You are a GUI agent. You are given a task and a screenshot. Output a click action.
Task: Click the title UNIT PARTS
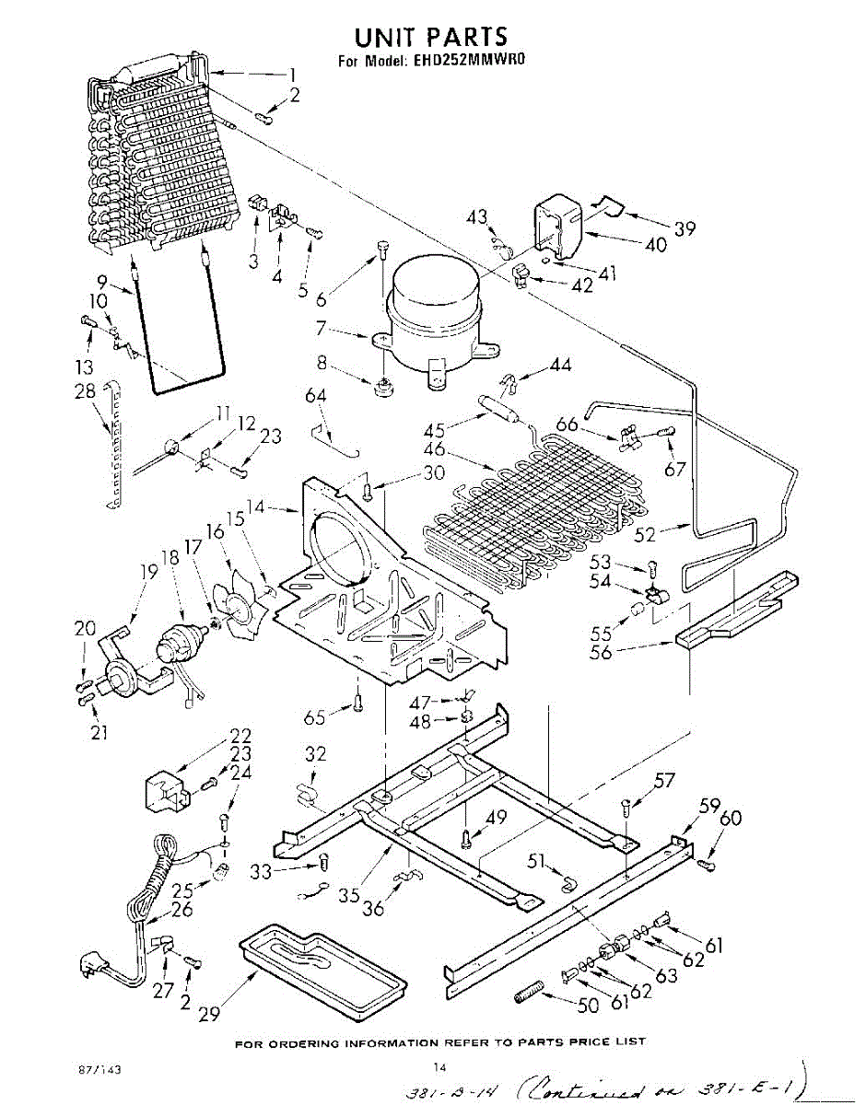click(x=431, y=36)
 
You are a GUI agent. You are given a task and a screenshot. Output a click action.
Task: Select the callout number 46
click(x=434, y=450)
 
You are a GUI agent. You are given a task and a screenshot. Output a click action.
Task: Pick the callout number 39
click(x=684, y=229)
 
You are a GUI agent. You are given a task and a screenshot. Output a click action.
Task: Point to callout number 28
click(x=85, y=392)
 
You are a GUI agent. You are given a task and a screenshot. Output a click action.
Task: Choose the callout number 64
click(x=315, y=396)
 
